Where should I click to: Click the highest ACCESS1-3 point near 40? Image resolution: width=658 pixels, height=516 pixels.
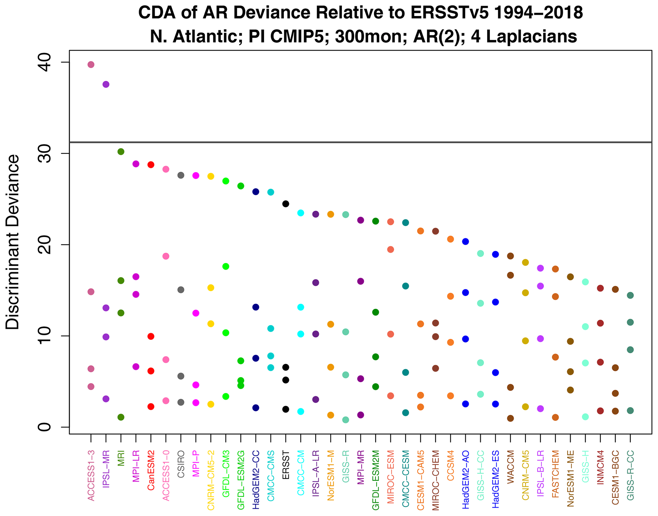pyautogui.click(x=91, y=65)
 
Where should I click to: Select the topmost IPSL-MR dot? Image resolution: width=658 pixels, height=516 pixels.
pyautogui.click(x=106, y=84)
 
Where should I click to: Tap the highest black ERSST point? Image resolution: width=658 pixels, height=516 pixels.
pyautogui.click(x=286, y=204)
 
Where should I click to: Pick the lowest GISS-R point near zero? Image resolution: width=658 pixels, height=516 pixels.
pyautogui.click(x=346, y=420)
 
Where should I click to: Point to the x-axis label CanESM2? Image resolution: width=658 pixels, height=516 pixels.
pyautogui.click(x=151, y=470)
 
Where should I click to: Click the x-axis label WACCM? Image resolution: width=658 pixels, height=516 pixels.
pyautogui.click(x=511, y=467)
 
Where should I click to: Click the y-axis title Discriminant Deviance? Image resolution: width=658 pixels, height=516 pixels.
pyautogui.click(x=13, y=242)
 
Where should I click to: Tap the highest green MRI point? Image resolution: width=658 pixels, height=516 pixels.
pyautogui.click(x=121, y=152)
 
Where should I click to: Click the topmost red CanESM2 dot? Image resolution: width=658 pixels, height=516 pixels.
pyautogui.click(x=151, y=165)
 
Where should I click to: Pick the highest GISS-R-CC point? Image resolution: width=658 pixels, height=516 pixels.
pyautogui.click(x=630, y=295)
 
